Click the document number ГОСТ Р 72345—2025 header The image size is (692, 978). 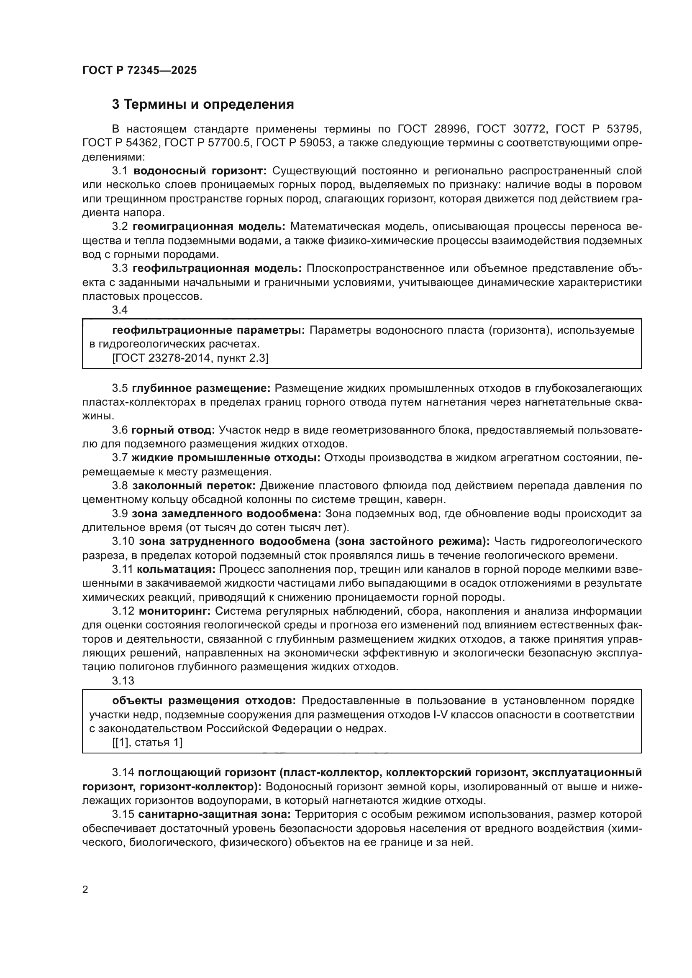[140, 71]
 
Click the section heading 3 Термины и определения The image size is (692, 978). [203, 105]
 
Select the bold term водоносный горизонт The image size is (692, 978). [200, 171]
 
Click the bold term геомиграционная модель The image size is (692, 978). [209, 226]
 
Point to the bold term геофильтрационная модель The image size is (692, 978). [217, 268]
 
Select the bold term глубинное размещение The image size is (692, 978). [201, 388]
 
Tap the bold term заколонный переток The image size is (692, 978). [194, 485]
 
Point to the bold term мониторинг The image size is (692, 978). [175, 611]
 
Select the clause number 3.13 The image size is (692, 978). [123, 681]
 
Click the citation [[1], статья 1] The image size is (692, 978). [147, 743]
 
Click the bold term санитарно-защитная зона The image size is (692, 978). [214, 815]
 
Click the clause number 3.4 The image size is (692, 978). [120, 310]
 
